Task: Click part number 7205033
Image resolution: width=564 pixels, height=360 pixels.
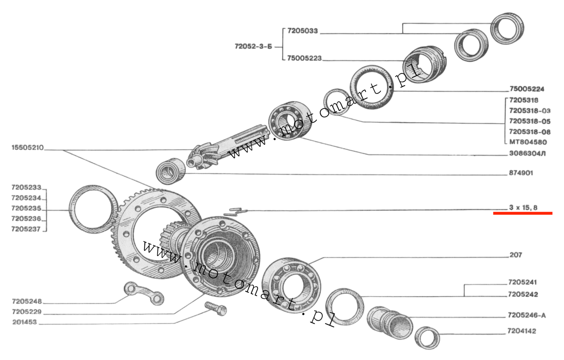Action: pos(302,31)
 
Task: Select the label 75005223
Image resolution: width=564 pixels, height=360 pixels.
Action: pos(304,58)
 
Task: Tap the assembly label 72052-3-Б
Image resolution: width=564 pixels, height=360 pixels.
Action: pos(253,46)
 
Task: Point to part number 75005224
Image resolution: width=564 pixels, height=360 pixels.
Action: pos(527,89)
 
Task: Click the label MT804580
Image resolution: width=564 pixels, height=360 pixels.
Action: pos(528,142)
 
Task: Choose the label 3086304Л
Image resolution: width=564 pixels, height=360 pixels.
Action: pos(527,153)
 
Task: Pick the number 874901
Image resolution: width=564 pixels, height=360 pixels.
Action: pos(521,173)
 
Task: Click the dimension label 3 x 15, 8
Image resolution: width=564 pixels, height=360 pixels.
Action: pos(523,207)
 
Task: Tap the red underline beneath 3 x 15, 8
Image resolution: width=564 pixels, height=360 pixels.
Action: pos(523,213)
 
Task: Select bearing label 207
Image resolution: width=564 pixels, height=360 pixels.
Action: pos(515,255)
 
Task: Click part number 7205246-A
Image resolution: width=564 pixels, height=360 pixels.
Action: pos(526,315)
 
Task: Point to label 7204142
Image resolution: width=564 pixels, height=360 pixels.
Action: pos(521,331)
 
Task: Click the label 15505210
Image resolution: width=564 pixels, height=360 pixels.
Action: pos(27,148)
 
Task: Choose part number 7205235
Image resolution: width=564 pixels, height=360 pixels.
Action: pos(26,208)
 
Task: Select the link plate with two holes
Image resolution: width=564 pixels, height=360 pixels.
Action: pos(144,293)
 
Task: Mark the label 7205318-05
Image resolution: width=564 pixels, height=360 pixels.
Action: pos(530,121)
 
